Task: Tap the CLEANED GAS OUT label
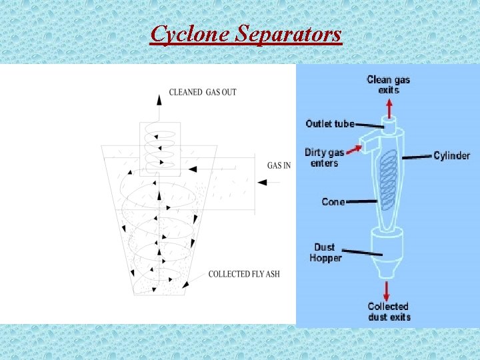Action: pos(203,92)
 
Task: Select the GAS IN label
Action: pos(279,165)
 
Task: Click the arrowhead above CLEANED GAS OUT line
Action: pos(159,99)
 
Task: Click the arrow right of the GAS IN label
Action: pos(263,182)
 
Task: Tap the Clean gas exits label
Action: pos(389,85)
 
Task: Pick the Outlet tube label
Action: pos(329,123)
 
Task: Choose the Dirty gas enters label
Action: pos(324,157)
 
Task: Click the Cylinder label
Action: pos(451,155)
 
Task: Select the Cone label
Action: pos(333,201)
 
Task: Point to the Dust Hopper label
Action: pos(326,253)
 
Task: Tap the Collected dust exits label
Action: pos(389,311)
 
